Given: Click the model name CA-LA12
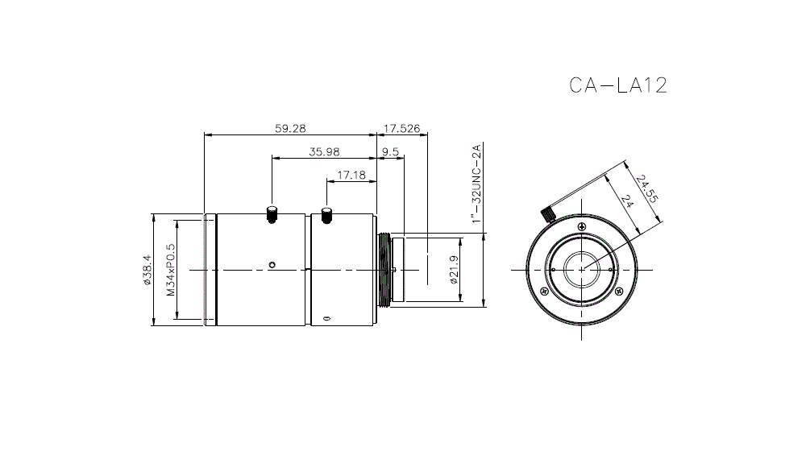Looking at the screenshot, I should [x=617, y=85].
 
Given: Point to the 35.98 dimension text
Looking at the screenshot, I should [x=324, y=152].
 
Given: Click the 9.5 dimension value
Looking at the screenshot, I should [x=391, y=152].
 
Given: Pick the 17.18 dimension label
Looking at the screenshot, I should [x=351, y=174].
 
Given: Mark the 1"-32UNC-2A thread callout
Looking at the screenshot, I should [x=476, y=183].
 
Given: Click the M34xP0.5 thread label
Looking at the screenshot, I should [x=170, y=270].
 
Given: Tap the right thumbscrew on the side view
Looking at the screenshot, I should [x=326, y=215].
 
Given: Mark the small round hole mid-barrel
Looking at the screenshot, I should [x=272, y=264].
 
